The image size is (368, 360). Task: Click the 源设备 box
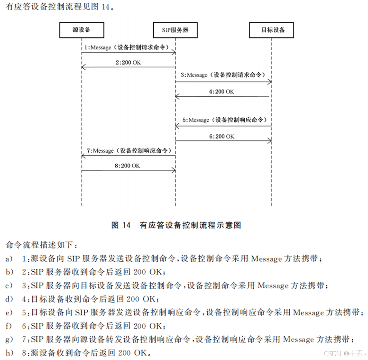[x=81, y=30]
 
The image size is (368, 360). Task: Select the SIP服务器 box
[x=175, y=30]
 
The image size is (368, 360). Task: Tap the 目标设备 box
[x=273, y=30]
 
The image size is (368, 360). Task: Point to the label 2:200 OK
[x=128, y=62]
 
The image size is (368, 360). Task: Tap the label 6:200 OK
[x=222, y=136]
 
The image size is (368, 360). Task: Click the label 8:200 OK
[x=128, y=166]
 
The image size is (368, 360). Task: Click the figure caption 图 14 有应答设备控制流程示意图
[x=176, y=225]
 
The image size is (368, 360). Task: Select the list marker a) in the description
[x=9, y=259]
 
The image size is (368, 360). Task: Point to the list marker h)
[x=9, y=353]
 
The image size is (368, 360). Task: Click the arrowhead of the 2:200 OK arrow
[x=83, y=68]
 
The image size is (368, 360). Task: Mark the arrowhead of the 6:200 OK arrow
[x=269, y=141]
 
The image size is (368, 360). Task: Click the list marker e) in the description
[x=9, y=313]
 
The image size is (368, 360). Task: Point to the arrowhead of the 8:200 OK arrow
[x=173, y=170]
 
